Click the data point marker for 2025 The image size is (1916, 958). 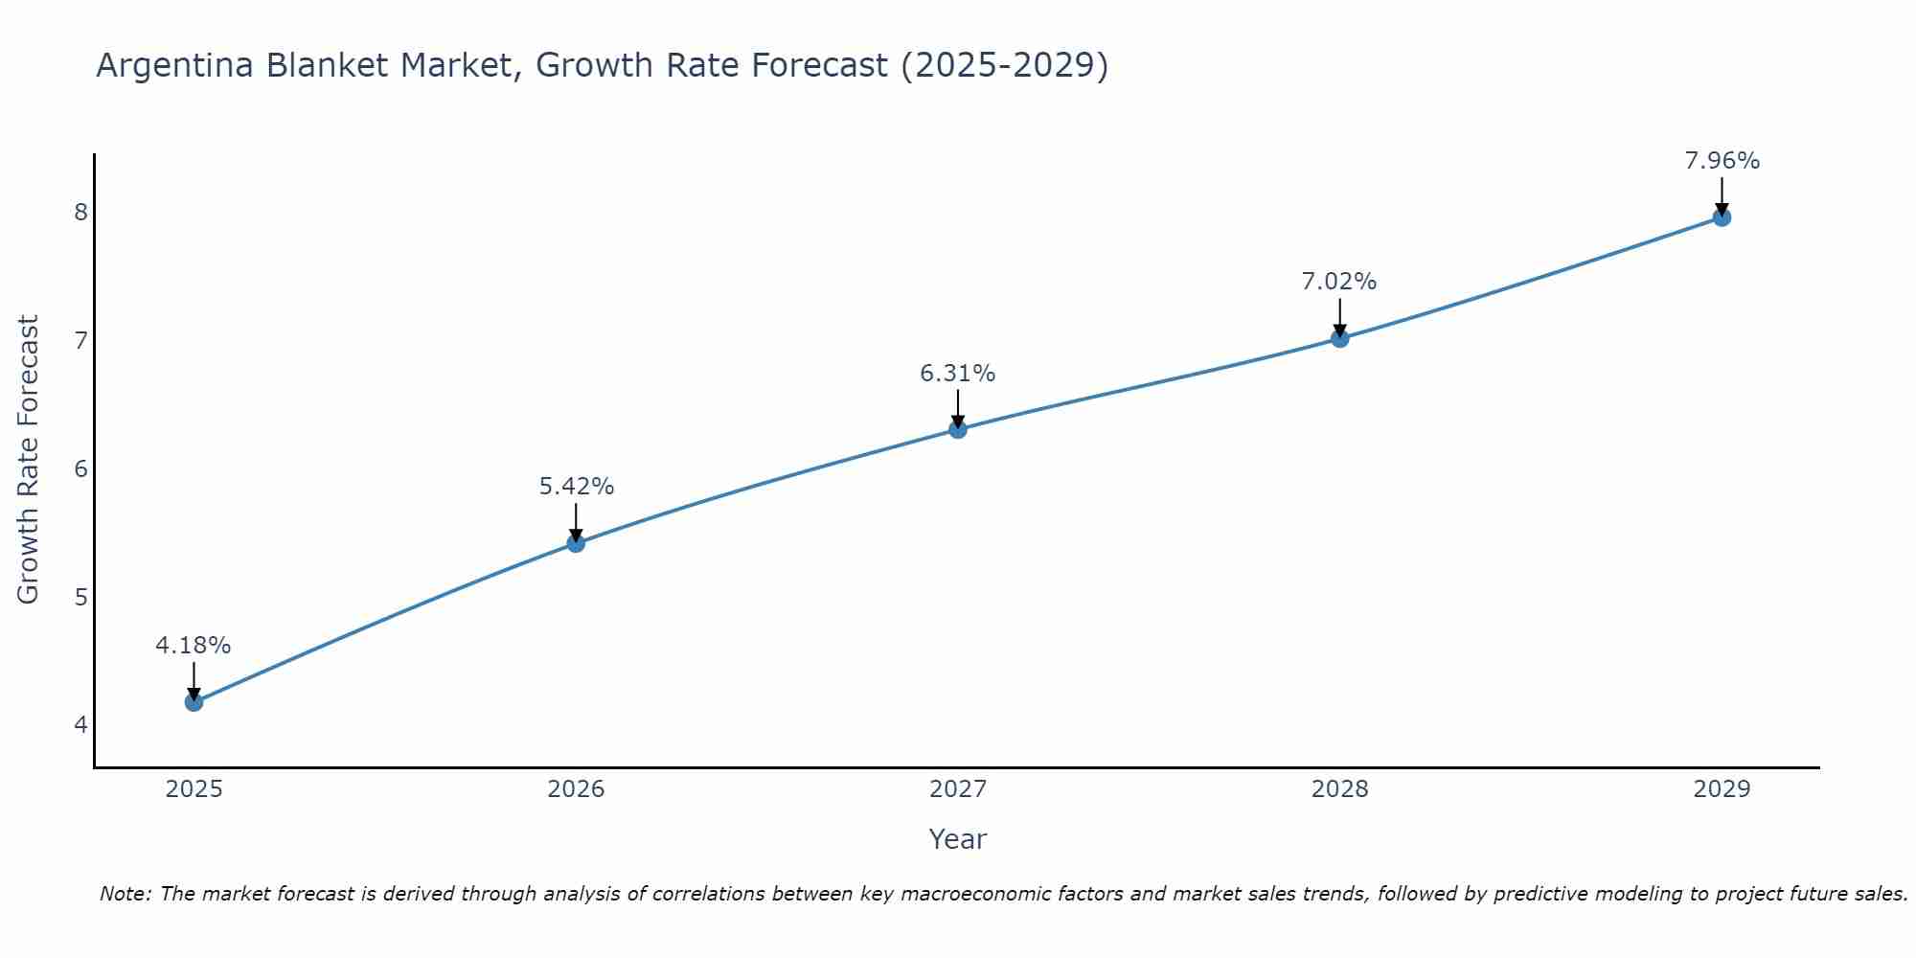coord(194,702)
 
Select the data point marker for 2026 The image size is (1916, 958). coord(576,543)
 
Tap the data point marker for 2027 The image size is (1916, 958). coord(958,429)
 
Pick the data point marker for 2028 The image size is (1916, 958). coord(1339,338)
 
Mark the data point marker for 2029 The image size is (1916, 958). coord(1722,217)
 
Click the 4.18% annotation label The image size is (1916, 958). coord(194,646)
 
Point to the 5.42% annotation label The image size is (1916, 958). coord(576,487)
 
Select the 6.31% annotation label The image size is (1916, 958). coord(958,374)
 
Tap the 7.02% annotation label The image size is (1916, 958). coord(1339,282)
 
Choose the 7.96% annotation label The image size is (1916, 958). coord(1722,161)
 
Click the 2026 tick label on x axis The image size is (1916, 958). coord(576,789)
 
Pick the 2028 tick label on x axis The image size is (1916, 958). coord(1339,789)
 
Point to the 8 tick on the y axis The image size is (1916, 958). coord(80,212)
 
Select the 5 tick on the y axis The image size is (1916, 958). coord(80,597)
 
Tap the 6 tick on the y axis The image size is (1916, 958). coord(80,468)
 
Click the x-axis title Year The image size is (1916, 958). coord(958,839)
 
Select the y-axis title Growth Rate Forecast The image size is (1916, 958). coord(29,460)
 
